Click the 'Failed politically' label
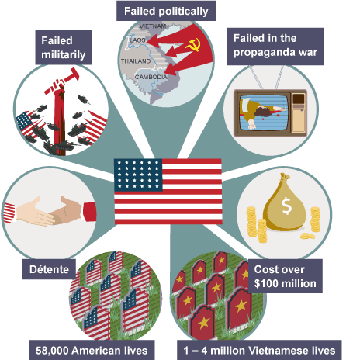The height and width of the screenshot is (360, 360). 166,11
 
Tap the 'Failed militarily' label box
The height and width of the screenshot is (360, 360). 64,47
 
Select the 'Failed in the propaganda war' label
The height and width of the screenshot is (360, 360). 275,47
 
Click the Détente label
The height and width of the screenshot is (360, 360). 49,269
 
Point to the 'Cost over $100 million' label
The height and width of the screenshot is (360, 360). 285,276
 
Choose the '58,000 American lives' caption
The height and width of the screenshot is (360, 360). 92,350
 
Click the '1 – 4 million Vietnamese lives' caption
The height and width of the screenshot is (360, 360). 259,350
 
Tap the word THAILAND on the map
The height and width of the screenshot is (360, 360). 136,61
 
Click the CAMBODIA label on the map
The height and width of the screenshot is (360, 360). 151,77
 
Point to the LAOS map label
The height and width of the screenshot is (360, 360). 137,40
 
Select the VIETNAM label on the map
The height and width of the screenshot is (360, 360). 153,26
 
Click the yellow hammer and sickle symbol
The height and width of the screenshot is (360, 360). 193,44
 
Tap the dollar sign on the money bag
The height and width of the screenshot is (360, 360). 286,206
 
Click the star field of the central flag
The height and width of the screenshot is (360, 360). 138,175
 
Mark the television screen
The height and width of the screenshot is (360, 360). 264,112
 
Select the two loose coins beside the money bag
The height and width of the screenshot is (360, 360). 307,236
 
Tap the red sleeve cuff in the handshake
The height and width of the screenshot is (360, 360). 89,212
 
